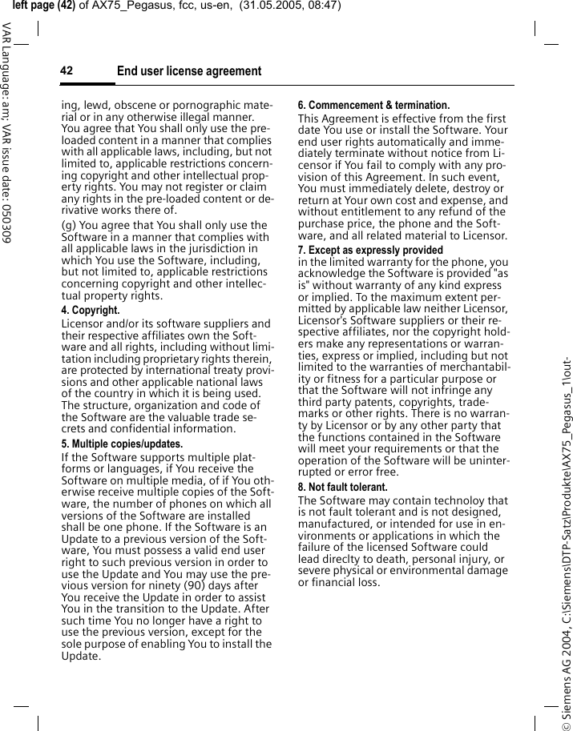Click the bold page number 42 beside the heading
point(67,71)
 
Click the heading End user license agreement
point(189,71)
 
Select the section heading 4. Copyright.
point(91,310)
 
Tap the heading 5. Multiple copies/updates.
point(122,444)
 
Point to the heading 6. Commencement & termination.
point(373,105)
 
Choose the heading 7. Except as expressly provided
point(370,250)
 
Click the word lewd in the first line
point(99,105)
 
